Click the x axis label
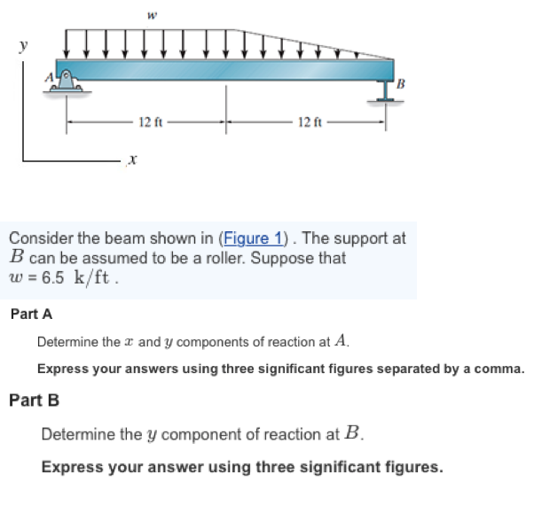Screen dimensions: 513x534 tap(130, 160)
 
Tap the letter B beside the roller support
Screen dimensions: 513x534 tap(401, 84)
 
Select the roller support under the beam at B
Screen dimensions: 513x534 tap(384, 93)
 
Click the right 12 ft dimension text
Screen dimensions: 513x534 tap(310, 121)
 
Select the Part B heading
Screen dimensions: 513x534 tap(34, 400)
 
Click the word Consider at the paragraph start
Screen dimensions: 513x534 tap(38, 239)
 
